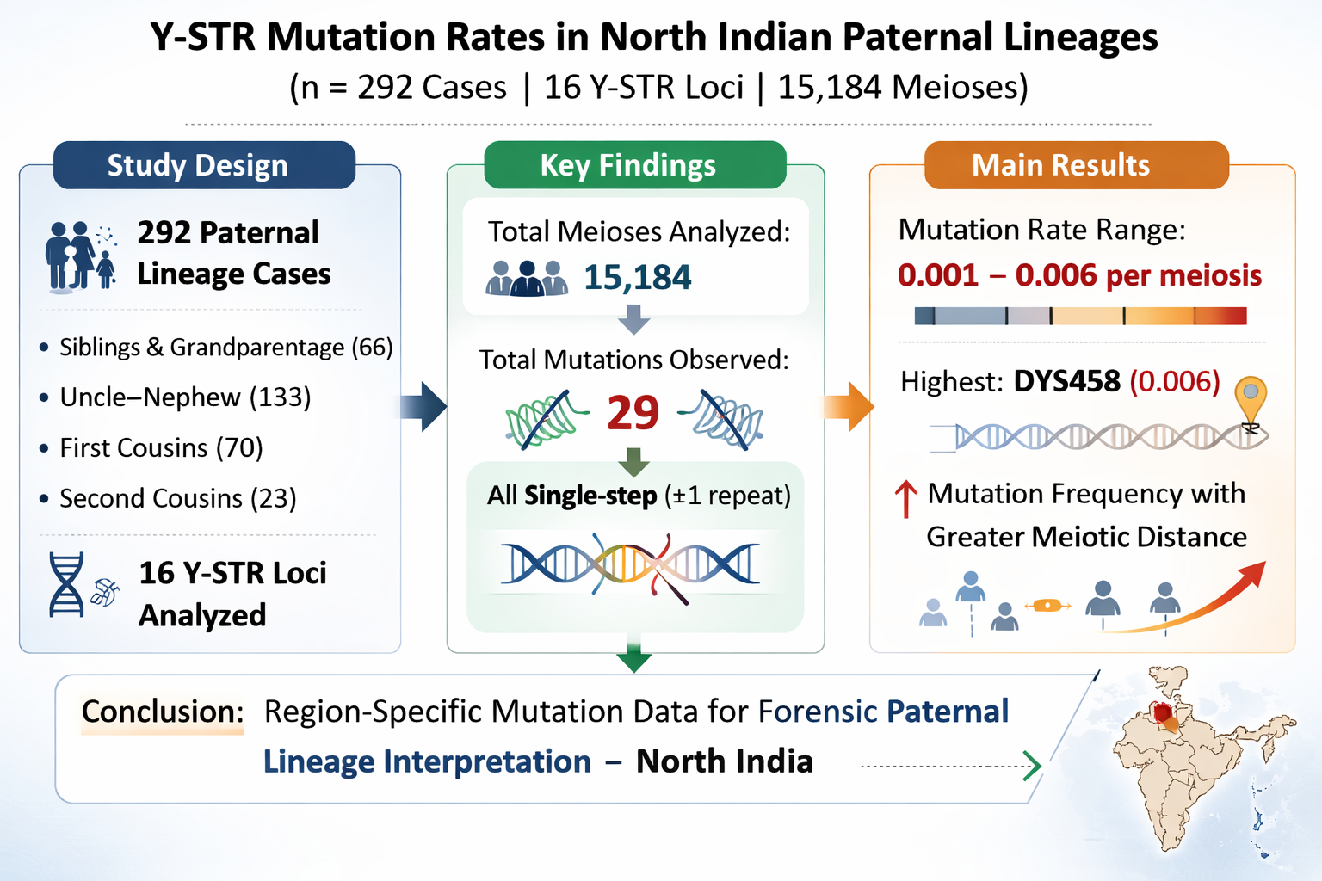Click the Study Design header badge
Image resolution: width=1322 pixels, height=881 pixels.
coord(204,165)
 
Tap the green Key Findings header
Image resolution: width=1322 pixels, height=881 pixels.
coord(635,165)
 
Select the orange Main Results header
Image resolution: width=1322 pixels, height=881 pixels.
coord(1077,165)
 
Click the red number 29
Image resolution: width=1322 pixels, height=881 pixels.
coord(633,412)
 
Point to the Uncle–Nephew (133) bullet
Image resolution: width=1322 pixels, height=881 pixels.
coord(176,397)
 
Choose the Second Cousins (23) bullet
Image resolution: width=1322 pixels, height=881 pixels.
coord(168,499)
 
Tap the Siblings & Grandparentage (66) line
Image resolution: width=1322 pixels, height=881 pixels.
coord(216,347)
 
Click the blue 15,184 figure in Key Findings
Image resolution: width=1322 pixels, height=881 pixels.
coord(638,277)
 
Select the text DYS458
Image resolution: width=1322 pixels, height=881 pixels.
coord(1066,381)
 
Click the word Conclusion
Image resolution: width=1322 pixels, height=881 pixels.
coord(163,711)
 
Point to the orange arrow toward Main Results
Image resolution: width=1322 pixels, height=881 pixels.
coord(849,407)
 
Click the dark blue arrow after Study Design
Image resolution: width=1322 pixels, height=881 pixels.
coord(423,407)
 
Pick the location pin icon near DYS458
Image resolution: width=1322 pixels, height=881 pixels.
coord(1251,401)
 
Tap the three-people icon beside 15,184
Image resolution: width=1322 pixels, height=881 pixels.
coord(527,278)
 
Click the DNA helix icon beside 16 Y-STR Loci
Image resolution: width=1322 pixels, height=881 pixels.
coord(66,584)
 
